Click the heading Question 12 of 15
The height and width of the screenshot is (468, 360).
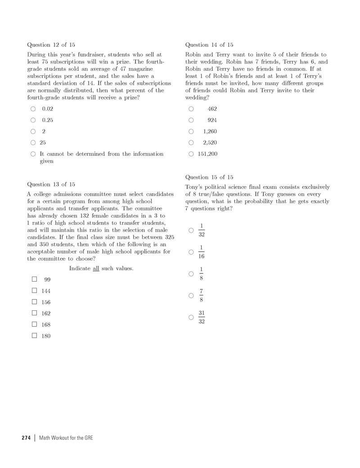tap(51, 45)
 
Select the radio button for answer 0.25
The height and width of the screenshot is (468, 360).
tap(33, 120)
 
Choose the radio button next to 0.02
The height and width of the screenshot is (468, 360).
tap(33, 109)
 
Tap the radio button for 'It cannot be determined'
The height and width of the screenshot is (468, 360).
tap(33, 154)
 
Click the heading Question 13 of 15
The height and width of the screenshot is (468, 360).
tap(51, 184)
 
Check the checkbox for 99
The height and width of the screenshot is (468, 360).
tap(34, 279)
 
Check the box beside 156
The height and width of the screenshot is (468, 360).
tap(34, 302)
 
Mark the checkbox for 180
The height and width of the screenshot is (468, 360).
tap(34, 336)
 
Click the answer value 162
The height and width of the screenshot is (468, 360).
tap(46, 314)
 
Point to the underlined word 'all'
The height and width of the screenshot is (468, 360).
tap(96, 268)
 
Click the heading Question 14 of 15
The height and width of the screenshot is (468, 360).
tap(209, 45)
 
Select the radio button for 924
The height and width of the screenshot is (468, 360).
tap(191, 120)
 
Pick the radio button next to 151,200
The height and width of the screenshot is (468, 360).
tap(191, 154)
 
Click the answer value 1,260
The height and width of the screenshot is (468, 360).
tap(210, 132)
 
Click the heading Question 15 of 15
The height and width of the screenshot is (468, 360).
tap(209, 177)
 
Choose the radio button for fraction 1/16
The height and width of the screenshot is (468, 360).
tap(191, 252)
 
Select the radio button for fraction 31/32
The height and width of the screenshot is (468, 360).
tap(191, 317)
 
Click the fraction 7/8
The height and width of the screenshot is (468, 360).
tap(202, 295)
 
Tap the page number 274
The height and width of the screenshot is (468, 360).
tap(26, 438)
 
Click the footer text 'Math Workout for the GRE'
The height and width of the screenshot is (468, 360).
tap(66, 438)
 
